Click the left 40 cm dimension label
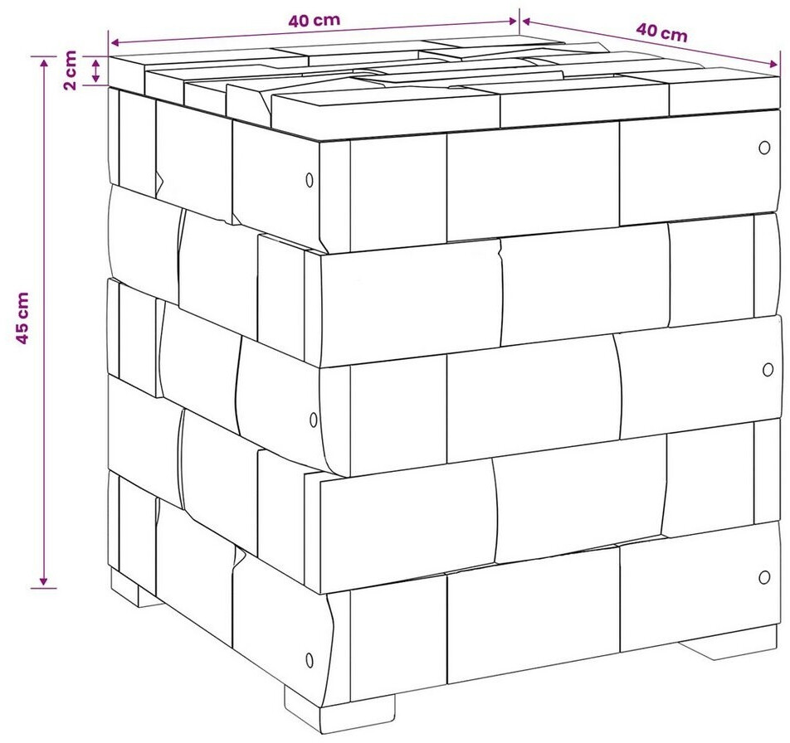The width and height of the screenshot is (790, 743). click(314, 20)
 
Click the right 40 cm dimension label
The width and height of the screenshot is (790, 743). click(661, 32)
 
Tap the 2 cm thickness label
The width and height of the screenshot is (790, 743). click(70, 70)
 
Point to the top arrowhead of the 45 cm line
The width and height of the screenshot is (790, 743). click(44, 62)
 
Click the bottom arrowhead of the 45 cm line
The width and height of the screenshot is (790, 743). click(44, 581)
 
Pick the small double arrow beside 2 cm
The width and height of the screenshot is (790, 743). click(95, 70)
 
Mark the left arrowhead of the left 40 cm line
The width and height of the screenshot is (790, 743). click(115, 42)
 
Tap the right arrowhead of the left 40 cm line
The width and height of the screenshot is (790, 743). click(512, 21)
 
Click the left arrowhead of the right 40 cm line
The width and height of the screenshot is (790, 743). click(527, 21)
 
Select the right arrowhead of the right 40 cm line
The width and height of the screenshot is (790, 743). click(773, 64)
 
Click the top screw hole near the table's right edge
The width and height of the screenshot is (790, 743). click(764, 148)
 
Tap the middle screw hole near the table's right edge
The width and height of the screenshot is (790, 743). click(768, 370)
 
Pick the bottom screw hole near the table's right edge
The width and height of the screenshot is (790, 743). click(764, 577)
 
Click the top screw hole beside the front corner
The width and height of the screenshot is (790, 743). click(310, 180)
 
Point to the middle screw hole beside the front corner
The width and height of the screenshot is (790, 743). click(314, 420)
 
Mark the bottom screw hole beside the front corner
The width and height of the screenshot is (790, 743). click(310, 660)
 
